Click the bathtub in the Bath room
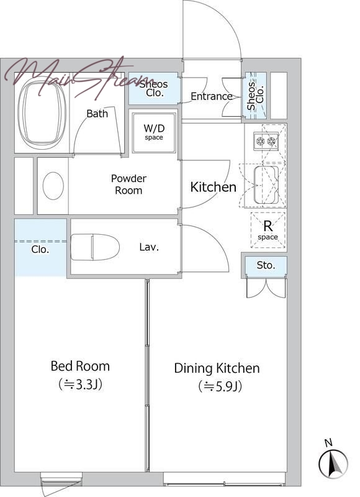42,112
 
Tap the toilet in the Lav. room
95,247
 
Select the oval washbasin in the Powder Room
53,186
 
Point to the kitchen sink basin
266,185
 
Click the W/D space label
154,132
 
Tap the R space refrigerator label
268,230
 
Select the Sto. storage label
266,265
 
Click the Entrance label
212,96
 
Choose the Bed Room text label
80,366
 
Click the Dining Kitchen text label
217,368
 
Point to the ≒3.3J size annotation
80,385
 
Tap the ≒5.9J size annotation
220,386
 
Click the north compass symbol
333,463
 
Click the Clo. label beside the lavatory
40,250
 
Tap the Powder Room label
128,185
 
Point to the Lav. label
149,247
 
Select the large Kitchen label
214,187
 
